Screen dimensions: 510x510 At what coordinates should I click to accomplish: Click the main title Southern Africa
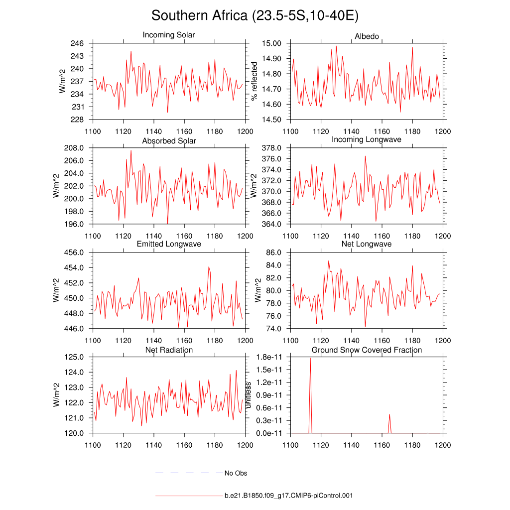(255, 16)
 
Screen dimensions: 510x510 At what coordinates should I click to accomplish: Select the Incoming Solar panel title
(169, 35)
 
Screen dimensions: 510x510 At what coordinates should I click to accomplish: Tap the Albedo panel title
(367, 36)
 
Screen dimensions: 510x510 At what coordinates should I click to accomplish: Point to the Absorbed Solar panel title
(169, 141)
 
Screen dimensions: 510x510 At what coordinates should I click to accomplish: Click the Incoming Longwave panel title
(367, 139)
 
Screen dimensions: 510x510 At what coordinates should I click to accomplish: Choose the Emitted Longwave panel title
(169, 244)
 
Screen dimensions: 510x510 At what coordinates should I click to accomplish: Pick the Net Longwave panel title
(367, 244)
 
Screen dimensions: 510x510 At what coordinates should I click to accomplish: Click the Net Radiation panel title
(169, 350)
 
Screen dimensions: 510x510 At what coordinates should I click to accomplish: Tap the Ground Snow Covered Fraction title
(367, 350)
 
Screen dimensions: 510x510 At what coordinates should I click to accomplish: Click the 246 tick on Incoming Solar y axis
(77, 43)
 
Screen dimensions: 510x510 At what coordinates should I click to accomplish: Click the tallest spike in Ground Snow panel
(310, 358)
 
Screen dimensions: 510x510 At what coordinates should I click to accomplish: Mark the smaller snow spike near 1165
(389, 414)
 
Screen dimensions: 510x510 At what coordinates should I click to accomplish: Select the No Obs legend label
(236, 473)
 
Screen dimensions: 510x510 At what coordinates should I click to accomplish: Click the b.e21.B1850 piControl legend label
(288, 496)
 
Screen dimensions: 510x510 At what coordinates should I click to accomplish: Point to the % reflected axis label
(255, 81)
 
